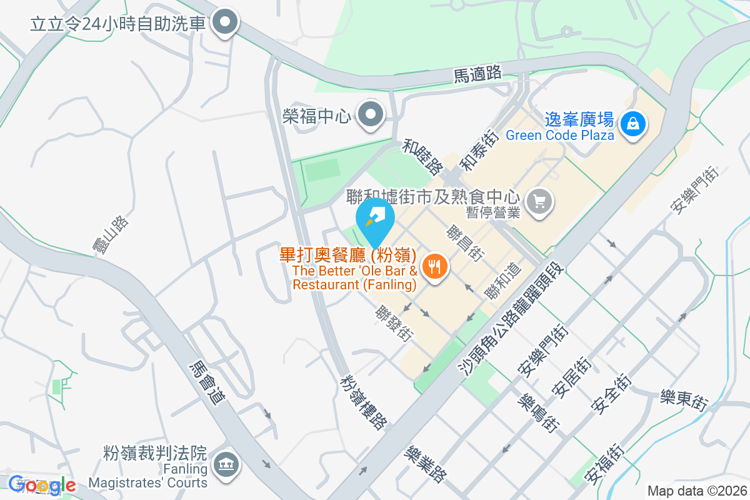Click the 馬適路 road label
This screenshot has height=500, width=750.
477,74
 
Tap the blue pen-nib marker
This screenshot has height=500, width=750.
374,218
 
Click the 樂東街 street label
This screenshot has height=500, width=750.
684,400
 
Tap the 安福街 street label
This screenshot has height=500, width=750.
603,463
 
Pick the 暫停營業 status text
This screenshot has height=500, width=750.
493,212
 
